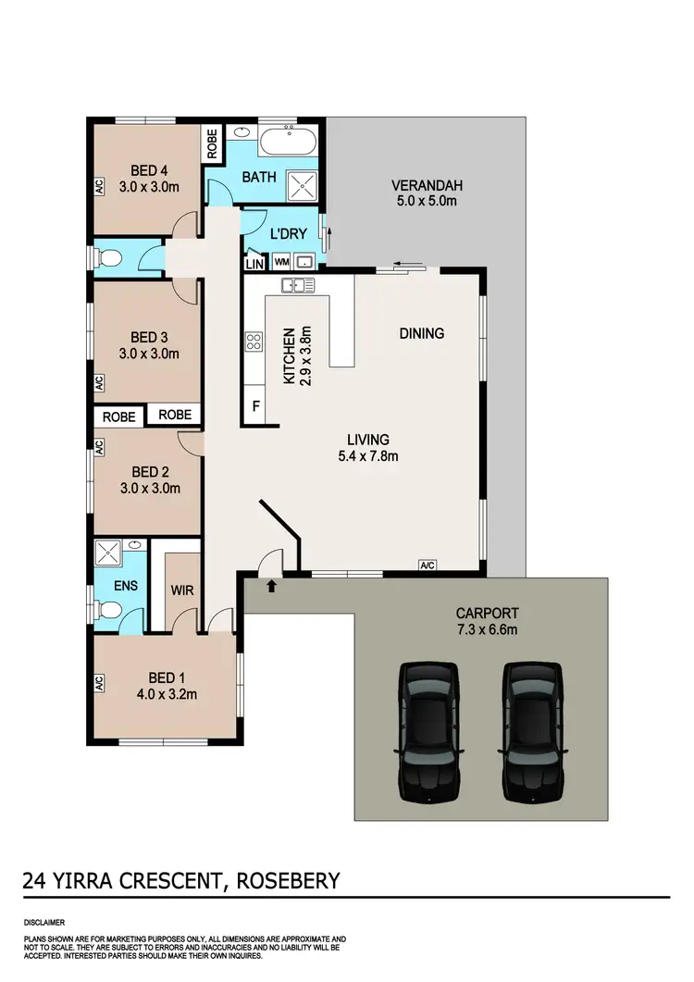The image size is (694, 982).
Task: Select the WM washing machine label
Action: (x=281, y=261)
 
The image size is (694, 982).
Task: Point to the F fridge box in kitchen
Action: (x=255, y=405)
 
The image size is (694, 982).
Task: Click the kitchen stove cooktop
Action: (x=254, y=342)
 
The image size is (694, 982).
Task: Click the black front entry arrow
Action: (x=271, y=586)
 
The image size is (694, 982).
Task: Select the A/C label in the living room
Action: (x=427, y=566)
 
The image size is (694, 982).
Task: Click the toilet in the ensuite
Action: (x=110, y=610)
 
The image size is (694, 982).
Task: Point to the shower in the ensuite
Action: (x=110, y=554)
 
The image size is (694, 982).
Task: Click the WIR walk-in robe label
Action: (x=181, y=588)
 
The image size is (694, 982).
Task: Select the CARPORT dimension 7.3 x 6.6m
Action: (x=487, y=629)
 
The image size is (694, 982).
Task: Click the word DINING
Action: (x=421, y=333)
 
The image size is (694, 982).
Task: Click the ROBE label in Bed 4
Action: (x=212, y=142)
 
